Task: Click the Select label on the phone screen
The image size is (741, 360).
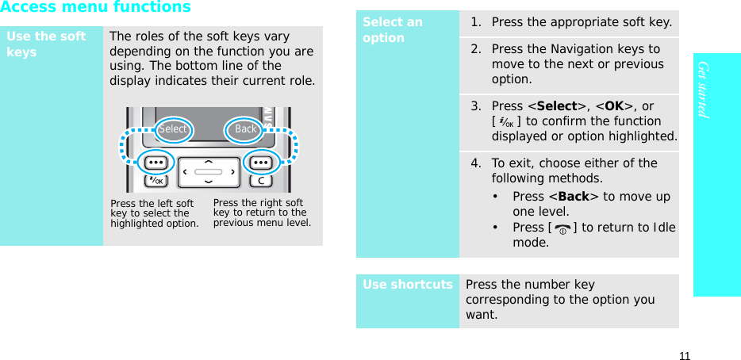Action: [173, 129]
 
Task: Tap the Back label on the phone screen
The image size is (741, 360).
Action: [245, 129]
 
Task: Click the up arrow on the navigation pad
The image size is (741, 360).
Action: [208, 162]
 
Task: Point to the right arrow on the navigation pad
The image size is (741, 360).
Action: [232, 170]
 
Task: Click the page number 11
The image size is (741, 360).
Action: [684, 355]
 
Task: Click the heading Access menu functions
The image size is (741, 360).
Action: [95, 8]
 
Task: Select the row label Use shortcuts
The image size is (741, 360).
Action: [408, 285]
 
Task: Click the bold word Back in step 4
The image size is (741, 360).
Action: [573, 197]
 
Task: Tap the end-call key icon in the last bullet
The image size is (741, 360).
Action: [562, 228]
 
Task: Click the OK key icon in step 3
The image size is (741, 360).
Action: [507, 122]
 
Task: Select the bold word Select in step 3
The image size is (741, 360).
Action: [557, 106]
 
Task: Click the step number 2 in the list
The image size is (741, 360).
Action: [475, 49]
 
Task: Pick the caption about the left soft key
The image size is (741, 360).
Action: [154, 213]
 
